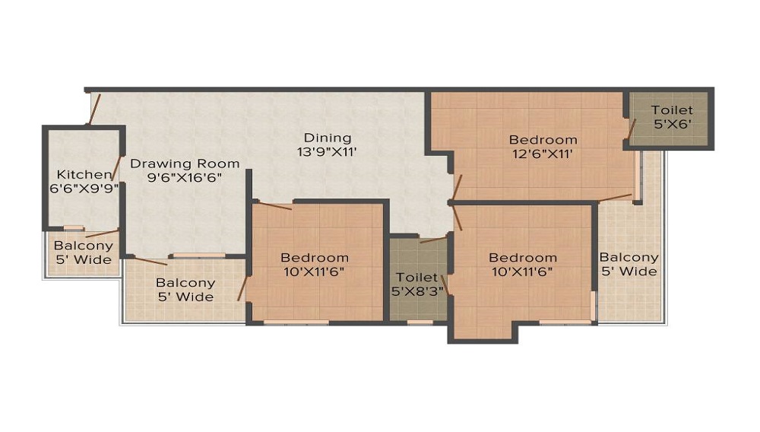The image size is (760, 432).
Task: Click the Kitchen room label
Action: (84, 174)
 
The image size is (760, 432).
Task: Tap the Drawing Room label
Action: (185, 164)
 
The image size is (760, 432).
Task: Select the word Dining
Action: (327, 138)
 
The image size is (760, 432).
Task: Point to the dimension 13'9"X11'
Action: (327, 152)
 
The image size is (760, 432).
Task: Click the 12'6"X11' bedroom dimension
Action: (543, 154)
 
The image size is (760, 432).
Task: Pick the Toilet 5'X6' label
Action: (672, 117)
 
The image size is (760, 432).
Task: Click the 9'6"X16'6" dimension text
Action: (185, 177)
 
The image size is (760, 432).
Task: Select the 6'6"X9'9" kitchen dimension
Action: (84, 188)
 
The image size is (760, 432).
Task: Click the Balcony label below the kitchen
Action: (84, 246)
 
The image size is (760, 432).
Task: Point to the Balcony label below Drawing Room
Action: (185, 282)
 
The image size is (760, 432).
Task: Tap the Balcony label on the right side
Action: (629, 257)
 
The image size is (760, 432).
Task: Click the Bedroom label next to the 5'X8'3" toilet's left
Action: (315, 257)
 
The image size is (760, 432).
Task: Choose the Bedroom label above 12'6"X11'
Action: (543, 140)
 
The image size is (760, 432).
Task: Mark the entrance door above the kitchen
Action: (94, 109)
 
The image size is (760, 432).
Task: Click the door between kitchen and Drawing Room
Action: (116, 168)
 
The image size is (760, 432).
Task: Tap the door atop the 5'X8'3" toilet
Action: (432, 240)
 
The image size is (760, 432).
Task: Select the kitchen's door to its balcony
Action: (103, 233)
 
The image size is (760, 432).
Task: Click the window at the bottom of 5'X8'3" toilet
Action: (420, 322)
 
